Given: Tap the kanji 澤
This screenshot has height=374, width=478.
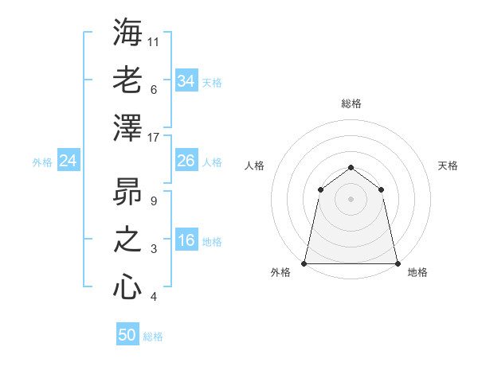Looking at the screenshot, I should pos(127,128).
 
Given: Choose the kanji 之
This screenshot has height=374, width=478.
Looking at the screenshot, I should pos(127,240).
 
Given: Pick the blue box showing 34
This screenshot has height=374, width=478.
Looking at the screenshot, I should pos(186,81).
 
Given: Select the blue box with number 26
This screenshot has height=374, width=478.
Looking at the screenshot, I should pos(186,161).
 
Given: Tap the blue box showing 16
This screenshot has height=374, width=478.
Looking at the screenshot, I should pos(186,241).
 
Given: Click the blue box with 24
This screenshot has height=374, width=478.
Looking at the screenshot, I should pos(68,162).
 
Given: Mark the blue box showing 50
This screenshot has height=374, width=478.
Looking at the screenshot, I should pos(127,335).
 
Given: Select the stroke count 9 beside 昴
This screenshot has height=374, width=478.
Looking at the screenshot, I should pos(153,201).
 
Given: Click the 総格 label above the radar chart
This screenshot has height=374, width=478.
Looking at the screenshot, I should pos(351,103).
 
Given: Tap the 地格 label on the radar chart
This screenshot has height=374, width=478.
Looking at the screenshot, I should pos(417,272).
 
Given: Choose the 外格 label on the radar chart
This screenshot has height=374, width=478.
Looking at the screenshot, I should pos(280,272).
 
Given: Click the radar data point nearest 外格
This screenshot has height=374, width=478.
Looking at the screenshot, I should pos(304,263).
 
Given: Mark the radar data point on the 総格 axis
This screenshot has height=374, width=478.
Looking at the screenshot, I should pos(351,167).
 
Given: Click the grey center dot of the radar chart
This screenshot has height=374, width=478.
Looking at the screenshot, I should pos(351,199).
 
